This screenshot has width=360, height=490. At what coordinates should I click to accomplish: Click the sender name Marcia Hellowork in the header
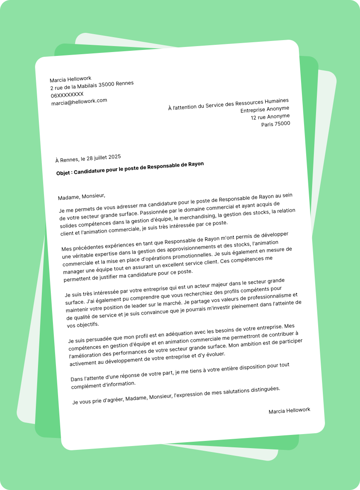coord(70,79)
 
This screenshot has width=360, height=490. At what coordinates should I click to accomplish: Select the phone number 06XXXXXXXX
coord(67,94)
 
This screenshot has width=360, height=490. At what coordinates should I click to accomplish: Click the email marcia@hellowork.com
coord(79,102)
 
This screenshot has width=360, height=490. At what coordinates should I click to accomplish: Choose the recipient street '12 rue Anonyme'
coord(270,117)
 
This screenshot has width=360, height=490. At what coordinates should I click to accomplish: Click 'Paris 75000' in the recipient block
coord(275,124)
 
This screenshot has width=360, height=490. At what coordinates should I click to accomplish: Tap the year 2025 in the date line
coord(114,157)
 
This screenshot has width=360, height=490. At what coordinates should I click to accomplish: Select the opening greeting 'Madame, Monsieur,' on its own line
coord(81,196)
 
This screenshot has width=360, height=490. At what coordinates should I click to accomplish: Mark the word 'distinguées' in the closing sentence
coord(265,389)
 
